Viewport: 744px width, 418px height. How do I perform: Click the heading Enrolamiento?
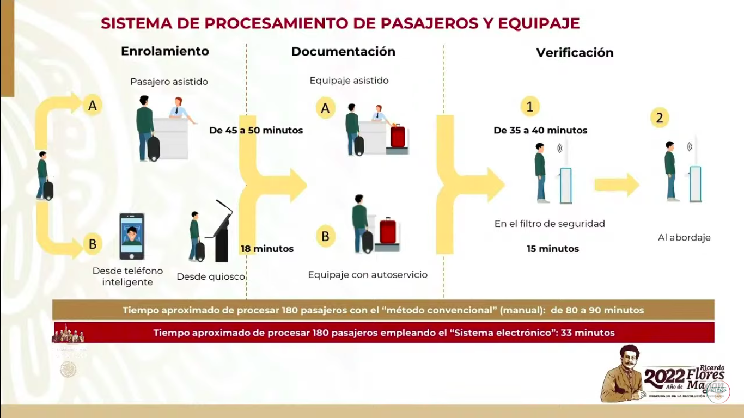pos(164,51)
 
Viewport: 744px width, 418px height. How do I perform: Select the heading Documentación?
pos(343,52)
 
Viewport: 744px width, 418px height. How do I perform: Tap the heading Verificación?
pos(575,53)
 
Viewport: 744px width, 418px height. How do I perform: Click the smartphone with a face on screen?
pos(132,236)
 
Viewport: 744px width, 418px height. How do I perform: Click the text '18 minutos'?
pos(267,249)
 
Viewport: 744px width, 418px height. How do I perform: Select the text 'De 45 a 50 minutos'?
pos(256,131)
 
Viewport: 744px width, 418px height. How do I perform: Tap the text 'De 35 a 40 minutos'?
pos(540,131)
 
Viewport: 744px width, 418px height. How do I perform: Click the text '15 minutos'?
pos(552,249)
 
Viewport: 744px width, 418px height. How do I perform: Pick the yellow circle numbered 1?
pos(529,107)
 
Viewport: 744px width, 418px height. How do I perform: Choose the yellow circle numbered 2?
pos(659,118)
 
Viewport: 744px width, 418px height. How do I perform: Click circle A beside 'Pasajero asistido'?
pos(92,106)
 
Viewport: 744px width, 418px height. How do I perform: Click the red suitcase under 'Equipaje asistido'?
pos(398,137)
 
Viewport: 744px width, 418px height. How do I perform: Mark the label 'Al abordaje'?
pos(684,238)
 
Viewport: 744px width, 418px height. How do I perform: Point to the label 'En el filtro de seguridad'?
pos(550,224)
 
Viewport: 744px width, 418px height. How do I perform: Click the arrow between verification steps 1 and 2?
pos(616,185)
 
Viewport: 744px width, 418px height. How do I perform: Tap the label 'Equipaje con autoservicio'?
pos(368,275)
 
